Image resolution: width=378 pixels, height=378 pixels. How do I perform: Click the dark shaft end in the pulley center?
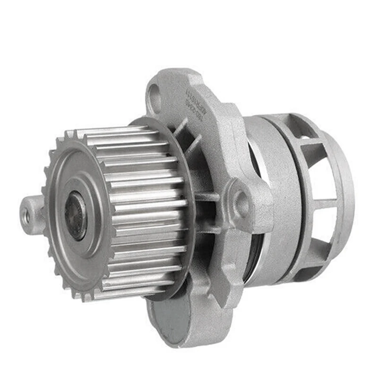(76, 215)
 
